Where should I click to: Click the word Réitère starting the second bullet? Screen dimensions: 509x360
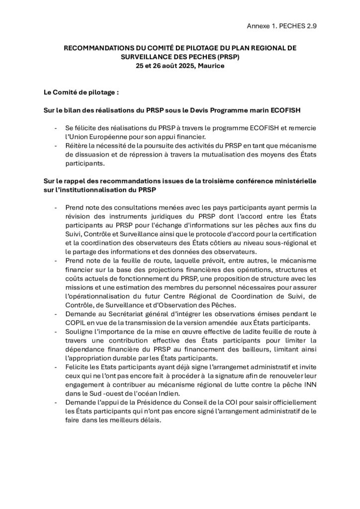pyautogui.click(x=77, y=145)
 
